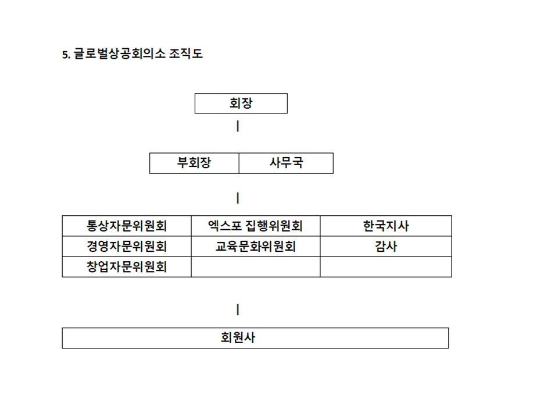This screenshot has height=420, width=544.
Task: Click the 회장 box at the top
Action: click(x=241, y=104)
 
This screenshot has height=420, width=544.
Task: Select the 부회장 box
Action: click(x=194, y=163)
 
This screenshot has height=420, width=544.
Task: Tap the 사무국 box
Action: click(x=286, y=163)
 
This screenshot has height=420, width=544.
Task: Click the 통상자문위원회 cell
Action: click(x=127, y=226)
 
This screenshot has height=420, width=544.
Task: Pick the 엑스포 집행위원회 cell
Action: click(x=256, y=226)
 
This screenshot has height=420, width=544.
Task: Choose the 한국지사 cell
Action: click(x=386, y=226)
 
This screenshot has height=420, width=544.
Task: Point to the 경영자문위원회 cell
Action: click(x=127, y=247)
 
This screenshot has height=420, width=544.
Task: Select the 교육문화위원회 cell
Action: click(x=256, y=247)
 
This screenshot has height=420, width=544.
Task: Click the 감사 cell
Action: click(x=386, y=247)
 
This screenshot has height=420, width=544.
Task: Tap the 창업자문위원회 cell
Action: click(x=127, y=267)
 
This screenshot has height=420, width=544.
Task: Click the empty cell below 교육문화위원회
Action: click(x=256, y=267)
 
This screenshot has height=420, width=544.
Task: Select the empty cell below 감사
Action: click(x=386, y=267)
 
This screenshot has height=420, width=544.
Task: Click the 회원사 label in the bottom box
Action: click(x=238, y=338)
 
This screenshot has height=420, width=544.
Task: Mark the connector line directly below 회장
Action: click(x=238, y=126)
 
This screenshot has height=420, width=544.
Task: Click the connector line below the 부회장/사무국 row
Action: click(x=238, y=198)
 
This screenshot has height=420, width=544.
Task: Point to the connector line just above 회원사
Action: click(x=238, y=309)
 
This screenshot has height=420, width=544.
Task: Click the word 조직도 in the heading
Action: click(x=185, y=54)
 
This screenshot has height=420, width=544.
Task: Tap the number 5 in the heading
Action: click(x=65, y=55)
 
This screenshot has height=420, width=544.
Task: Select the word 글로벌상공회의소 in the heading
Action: click(x=119, y=54)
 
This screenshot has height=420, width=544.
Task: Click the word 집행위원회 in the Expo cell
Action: click(x=274, y=226)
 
